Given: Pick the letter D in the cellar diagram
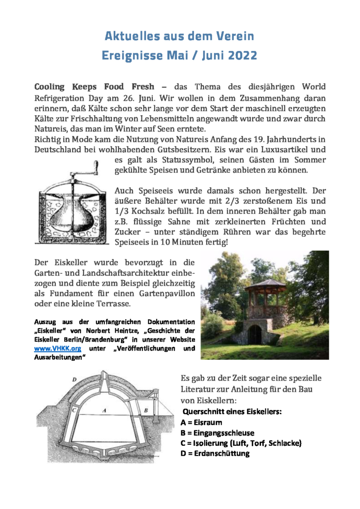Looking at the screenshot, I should pos(74,379).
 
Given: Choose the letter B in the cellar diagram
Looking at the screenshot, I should pos(145,410).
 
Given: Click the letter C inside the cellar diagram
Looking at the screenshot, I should pos(74,410).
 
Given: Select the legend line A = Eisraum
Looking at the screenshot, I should pos(201,423).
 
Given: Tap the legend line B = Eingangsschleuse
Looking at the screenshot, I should pos(218,432).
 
